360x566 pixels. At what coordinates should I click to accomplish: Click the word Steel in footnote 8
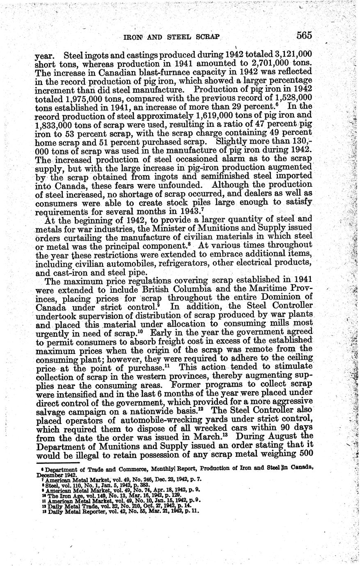(x=52, y=484)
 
